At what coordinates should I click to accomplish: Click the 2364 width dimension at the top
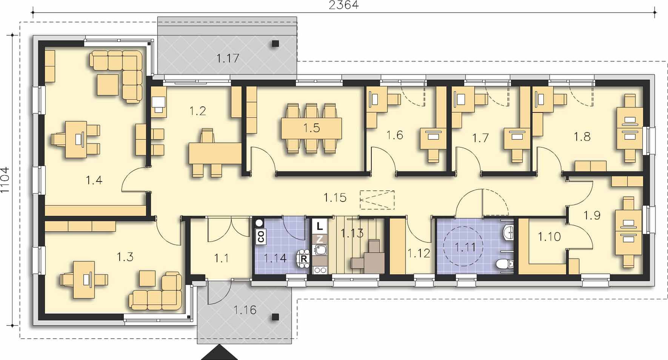coord(344,5)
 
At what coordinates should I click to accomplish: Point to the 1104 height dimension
coord(5,180)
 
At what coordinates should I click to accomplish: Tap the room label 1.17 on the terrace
coord(228,58)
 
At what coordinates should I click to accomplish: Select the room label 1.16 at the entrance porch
coord(245,310)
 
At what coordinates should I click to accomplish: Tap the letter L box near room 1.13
coord(320,226)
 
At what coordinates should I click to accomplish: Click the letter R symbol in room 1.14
coord(303,259)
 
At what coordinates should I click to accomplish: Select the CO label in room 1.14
coord(260,236)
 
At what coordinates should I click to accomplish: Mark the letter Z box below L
coord(320,239)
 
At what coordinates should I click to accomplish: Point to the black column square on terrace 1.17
coord(275,43)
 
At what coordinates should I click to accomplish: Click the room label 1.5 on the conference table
coord(312,128)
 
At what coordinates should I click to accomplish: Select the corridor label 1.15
coord(335,198)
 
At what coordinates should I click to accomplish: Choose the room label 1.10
coord(549,237)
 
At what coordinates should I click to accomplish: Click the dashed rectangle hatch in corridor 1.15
coord(377,200)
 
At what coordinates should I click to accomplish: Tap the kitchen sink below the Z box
coord(320,249)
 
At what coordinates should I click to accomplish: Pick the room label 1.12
coord(419,253)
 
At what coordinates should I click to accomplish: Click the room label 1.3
coord(125,257)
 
